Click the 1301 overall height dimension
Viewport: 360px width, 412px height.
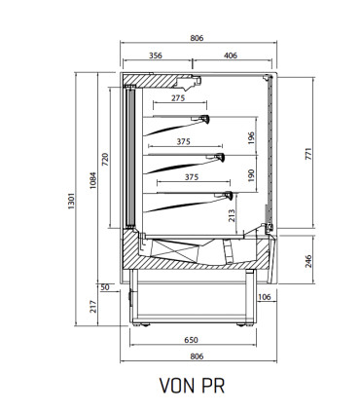tap(72, 201)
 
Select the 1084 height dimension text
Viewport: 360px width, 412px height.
tap(93, 180)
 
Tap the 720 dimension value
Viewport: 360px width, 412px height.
tap(105, 160)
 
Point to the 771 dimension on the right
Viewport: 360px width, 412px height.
tap(308, 154)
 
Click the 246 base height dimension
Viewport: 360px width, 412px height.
tap(308, 261)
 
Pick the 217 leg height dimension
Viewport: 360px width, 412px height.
tap(93, 306)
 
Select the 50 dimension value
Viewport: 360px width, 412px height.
tap(105, 287)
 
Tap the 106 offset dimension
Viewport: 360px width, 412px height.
tap(265, 297)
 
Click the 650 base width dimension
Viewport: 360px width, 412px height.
tap(191, 340)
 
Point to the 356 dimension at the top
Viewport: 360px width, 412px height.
tap(156, 56)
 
